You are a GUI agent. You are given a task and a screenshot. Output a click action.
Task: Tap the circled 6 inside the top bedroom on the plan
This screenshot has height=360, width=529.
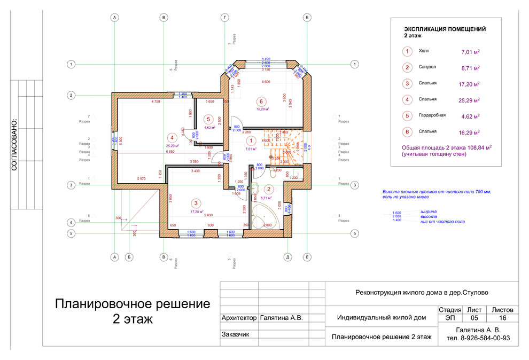pyautogui.click(x=261, y=101)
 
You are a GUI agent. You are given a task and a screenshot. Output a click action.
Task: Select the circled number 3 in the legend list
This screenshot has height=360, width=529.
pyautogui.click(x=407, y=83)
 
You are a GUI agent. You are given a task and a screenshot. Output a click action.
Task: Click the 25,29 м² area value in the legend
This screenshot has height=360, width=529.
pyautogui.click(x=470, y=100)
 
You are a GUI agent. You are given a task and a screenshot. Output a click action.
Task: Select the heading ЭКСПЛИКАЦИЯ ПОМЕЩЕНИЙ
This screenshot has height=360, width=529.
pyautogui.click(x=445, y=30)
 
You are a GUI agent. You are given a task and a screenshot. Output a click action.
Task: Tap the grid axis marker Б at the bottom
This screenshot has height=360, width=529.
pyautogui.click(x=129, y=257)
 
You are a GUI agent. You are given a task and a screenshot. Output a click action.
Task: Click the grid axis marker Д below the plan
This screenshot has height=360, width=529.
pyautogui.click(x=287, y=257)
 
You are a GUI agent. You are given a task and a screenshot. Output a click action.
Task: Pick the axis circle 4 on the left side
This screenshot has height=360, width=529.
pyautogui.click(x=71, y=222)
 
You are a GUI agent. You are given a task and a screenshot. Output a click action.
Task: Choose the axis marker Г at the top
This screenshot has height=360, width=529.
pyautogui.click(x=225, y=18)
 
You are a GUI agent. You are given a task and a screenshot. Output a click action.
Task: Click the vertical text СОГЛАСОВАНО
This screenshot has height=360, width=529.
pyautogui.click(x=14, y=144)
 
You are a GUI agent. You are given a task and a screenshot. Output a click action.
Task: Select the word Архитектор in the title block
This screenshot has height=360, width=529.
pyautogui.click(x=238, y=318)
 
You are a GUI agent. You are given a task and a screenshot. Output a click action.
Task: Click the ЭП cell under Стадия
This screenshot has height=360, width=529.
pyautogui.click(x=449, y=318)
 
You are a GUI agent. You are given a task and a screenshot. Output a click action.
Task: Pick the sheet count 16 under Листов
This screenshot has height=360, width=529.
pyautogui.click(x=502, y=318)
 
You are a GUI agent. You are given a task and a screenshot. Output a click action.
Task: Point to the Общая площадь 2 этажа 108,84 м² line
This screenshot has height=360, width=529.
pyautogui.click(x=446, y=147)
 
